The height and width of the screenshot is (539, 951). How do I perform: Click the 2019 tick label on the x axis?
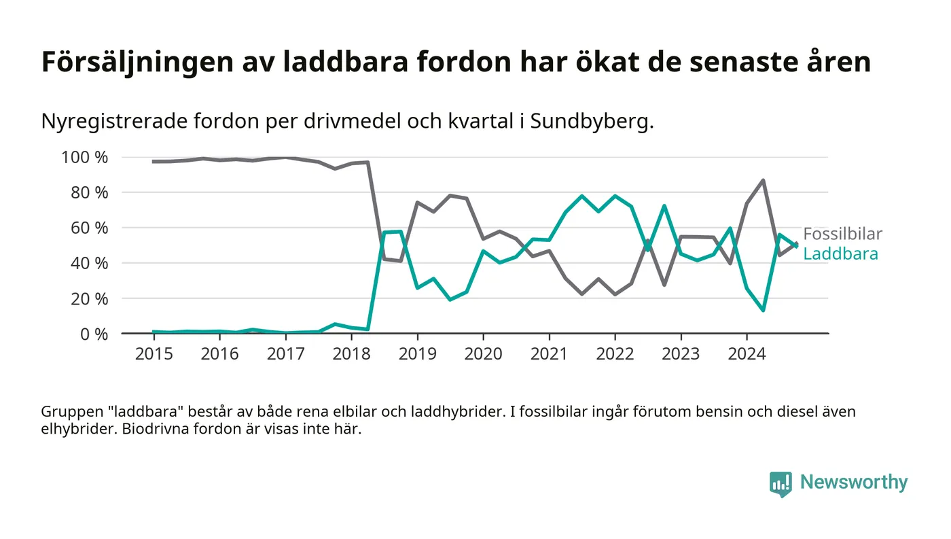pyautogui.click(x=417, y=354)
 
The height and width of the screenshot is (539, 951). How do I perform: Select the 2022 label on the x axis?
pyautogui.click(x=615, y=354)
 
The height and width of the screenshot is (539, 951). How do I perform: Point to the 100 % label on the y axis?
pyautogui.click(x=85, y=158)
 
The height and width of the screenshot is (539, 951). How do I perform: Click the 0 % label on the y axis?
pyautogui.click(x=93, y=334)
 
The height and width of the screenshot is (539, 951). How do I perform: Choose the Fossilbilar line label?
pyautogui.click(x=842, y=234)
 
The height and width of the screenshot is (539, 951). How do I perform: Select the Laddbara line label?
pyautogui.click(x=840, y=254)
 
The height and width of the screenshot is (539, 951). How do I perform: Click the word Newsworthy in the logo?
pyautogui.click(x=853, y=483)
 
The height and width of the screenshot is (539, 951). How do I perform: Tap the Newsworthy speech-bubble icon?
pyautogui.click(x=780, y=483)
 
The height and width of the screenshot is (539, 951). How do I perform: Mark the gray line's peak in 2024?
pyautogui.click(x=763, y=181)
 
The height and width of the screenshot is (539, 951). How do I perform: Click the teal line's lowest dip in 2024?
pyautogui.click(x=763, y=310)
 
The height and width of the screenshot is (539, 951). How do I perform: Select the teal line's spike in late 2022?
pyautogui.click(x=664, y=206)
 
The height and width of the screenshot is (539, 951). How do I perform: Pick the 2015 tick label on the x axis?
pyautogui.click(x=154, y=354)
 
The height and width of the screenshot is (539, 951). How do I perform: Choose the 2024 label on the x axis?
pyautogui.click(x=747, y=354)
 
